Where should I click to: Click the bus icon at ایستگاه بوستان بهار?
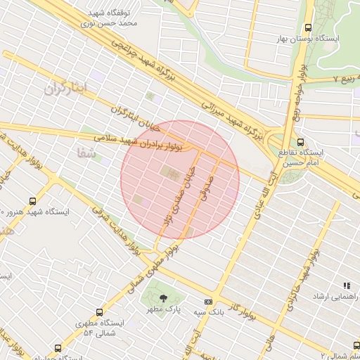(308, 27)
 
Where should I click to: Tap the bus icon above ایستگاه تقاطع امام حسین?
(301, 141)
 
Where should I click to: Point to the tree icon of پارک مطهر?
(164, 299)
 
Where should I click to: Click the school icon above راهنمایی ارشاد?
(346, 285)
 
